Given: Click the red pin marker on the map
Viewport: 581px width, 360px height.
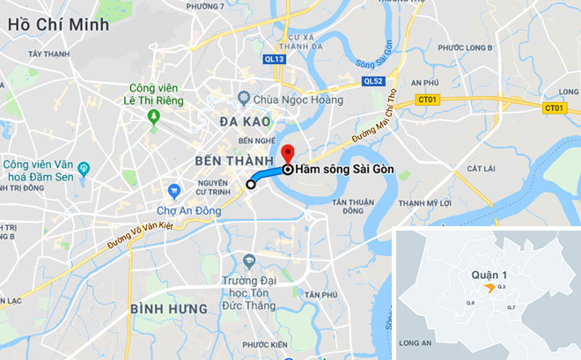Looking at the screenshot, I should tap(287, 151).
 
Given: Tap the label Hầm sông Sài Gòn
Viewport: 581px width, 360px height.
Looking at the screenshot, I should tap(345, 169).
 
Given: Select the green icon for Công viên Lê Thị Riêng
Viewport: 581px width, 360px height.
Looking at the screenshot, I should tap(154, 117).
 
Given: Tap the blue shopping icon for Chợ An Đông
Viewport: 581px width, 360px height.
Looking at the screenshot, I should tap(174, 189).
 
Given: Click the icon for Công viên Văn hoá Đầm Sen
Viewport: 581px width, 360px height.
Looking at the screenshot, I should tap(85, 168).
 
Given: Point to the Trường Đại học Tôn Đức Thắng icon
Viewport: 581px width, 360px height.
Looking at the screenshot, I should tap(250, 261).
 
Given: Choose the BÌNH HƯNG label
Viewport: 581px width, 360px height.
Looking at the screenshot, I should tap(169, 309).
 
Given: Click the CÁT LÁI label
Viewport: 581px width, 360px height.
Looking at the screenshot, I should tap(482, 167).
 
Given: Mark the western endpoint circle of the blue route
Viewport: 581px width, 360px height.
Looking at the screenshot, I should tap(251, 184).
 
